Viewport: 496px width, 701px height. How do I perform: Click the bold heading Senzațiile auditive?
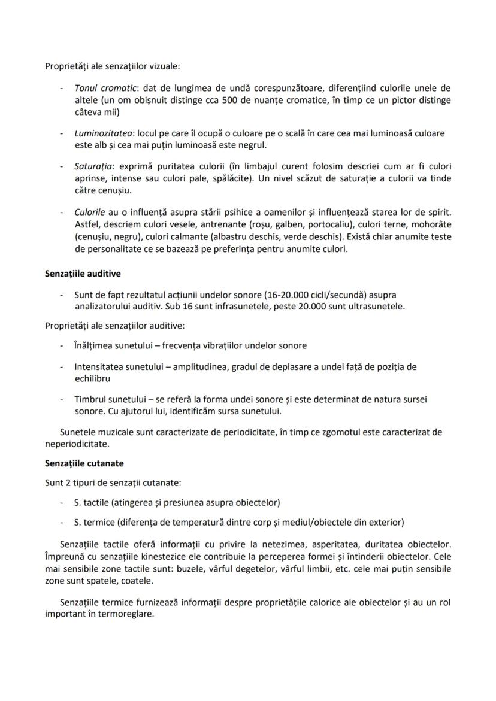pos(83,274)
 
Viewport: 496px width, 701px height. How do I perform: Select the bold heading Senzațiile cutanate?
pos(84,463)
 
